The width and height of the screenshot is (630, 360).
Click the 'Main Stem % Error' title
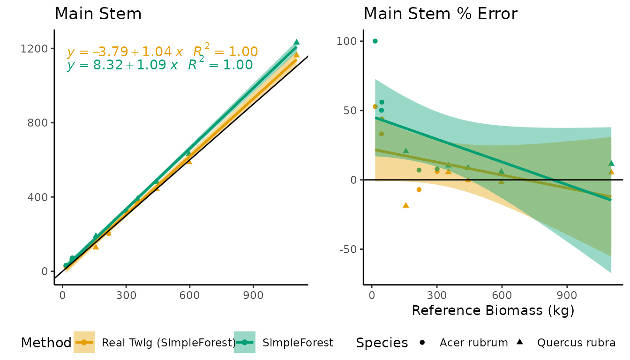(x=440, y=14)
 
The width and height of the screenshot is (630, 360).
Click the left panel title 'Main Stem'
(x=98, y=14)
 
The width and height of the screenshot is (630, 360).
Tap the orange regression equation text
(x=162, y=52)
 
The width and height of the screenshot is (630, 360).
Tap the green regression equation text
(x=159, y=65)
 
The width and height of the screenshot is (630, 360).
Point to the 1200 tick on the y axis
(x=34, y=49)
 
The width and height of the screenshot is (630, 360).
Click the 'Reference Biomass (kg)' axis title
(x=493, y=310)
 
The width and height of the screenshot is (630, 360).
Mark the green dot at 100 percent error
(x=375, y=41)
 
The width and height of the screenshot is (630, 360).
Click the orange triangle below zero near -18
(x=406, y=205)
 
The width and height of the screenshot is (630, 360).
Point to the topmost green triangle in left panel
(x=296, y=42)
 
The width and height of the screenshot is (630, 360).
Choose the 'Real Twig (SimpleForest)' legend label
(x=169, y=343)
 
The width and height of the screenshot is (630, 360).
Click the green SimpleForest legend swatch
(x=245, y=343)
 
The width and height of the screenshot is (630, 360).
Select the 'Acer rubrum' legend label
(x=473, y=343)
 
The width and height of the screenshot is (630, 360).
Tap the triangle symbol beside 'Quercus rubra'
(x=519, y=342)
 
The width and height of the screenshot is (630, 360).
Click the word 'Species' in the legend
(x=382, y=343)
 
